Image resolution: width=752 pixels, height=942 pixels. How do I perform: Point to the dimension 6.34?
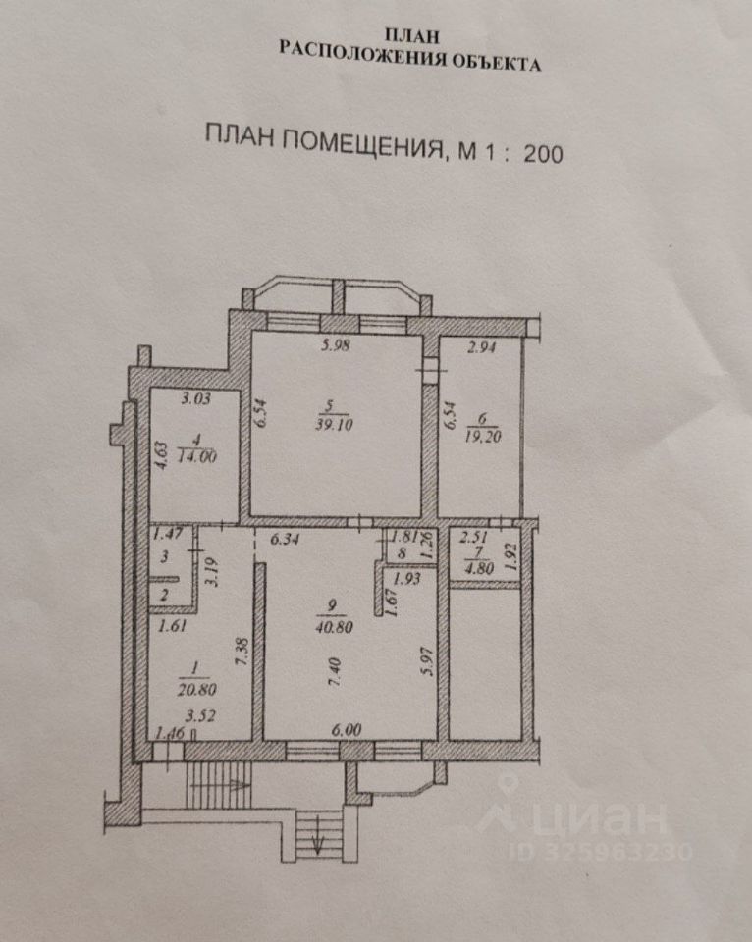point(284,539)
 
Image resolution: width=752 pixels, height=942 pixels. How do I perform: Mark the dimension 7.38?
point(242,652)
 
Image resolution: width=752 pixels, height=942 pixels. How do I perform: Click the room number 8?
point(403,552)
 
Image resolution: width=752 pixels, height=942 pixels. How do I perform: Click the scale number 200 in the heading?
point(543,152)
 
